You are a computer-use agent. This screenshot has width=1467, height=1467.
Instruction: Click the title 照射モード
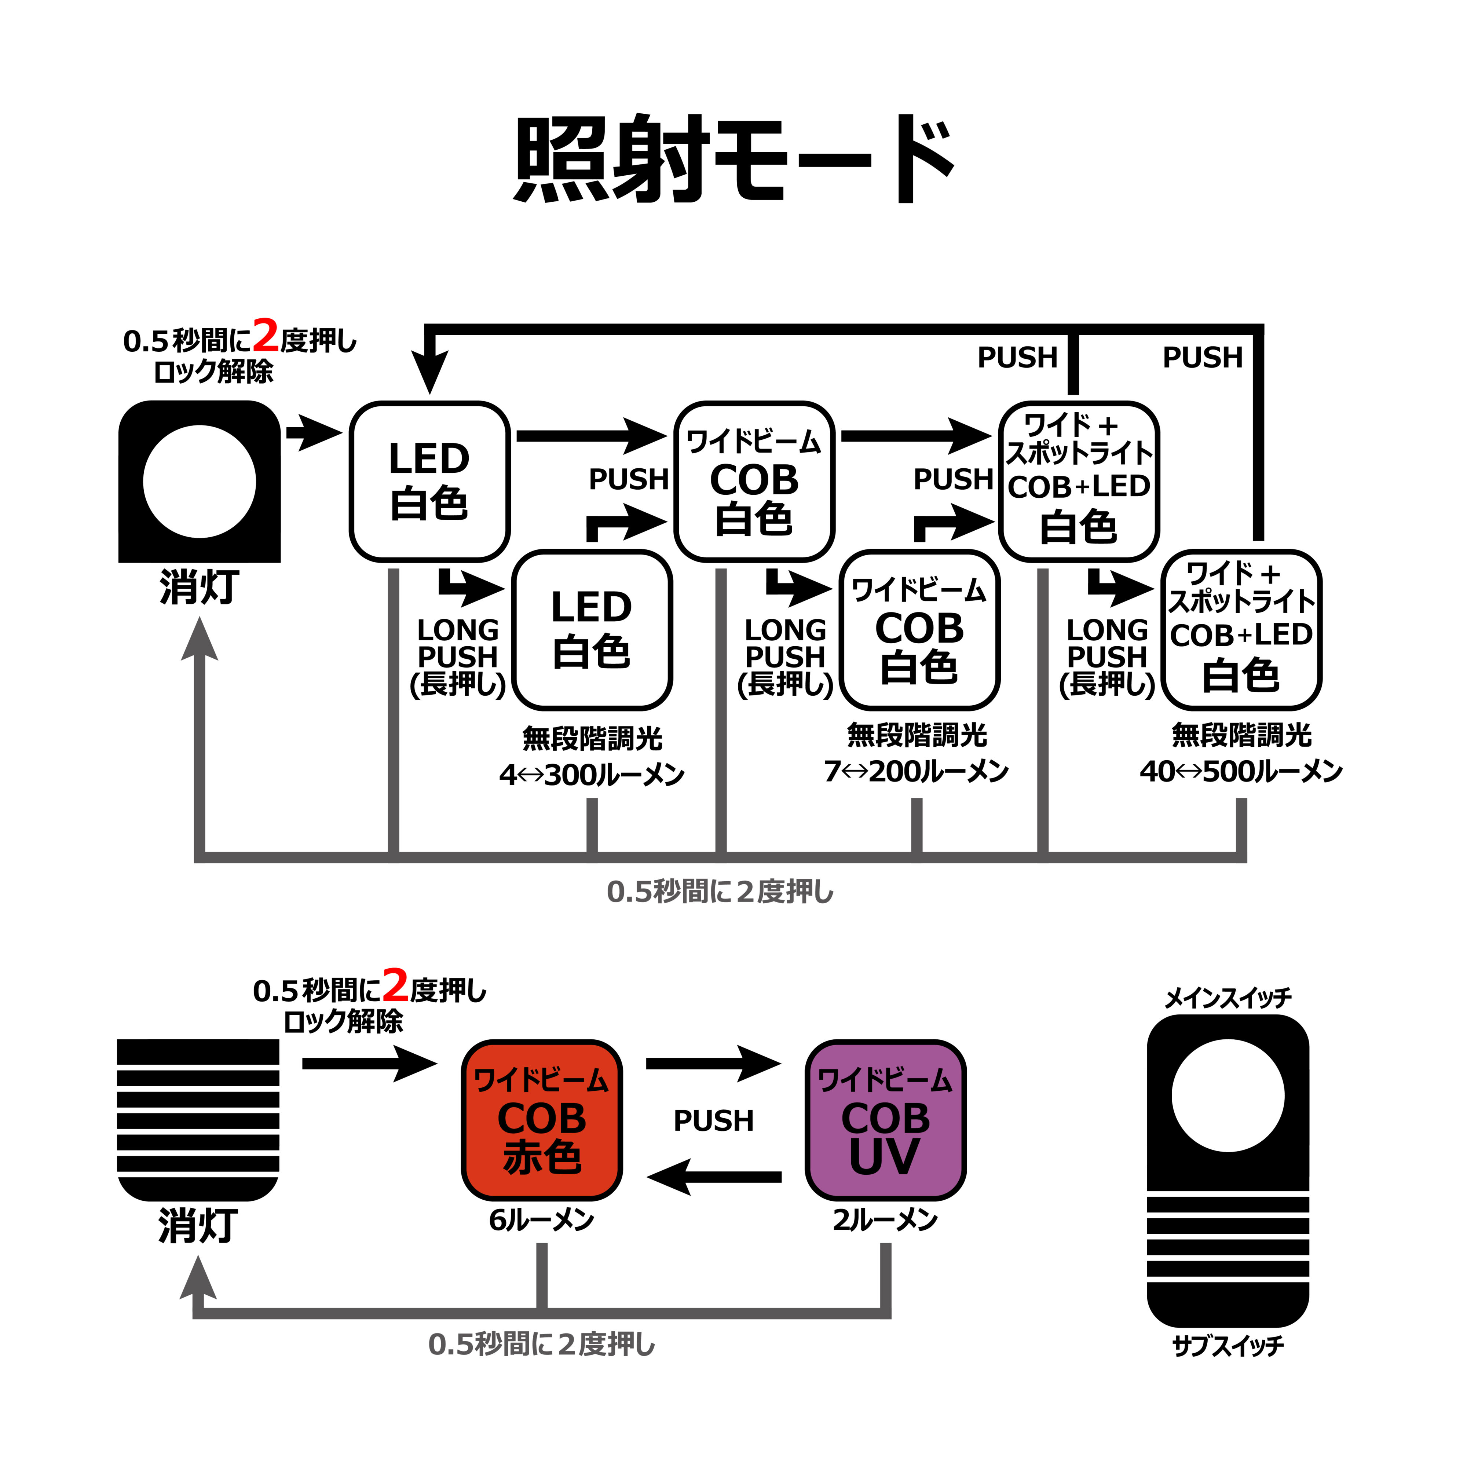tap(733, 160)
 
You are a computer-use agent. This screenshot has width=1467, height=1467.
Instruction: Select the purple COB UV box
tap(885, 1120)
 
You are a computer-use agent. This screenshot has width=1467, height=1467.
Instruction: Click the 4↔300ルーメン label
tap(592, 775)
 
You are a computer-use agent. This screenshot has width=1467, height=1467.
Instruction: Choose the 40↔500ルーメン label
tap(1241, 772)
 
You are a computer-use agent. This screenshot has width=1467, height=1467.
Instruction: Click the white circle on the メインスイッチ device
tap(1228, 1096)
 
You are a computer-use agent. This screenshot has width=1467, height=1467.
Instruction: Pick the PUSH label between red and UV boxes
tap(714, 1121)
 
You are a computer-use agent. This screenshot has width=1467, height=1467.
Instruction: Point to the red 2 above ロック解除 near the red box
tap(395, 985)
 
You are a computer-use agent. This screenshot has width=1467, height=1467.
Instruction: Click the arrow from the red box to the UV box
tap(714, 1063)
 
